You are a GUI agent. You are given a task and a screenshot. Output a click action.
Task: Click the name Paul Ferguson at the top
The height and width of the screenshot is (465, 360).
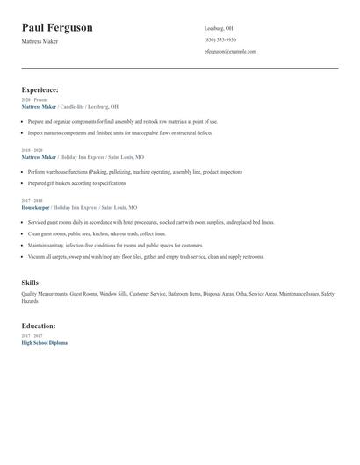(57, 28)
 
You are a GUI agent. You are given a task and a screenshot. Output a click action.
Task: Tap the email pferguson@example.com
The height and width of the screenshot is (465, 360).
(230, 52)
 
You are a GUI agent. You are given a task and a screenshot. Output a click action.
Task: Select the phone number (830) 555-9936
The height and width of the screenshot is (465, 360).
(220, 39)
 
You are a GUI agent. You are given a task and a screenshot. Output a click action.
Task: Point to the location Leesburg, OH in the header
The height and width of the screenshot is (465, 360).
(219, 28)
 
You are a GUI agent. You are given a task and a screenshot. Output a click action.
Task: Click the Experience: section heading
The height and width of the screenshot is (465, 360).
(40, 89)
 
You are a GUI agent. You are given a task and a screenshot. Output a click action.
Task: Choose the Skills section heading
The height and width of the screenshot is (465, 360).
(30, 282)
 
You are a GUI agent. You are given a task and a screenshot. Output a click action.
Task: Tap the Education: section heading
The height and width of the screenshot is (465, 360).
(39, 325)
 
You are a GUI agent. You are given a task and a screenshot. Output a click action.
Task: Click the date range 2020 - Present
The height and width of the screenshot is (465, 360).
(34, 101)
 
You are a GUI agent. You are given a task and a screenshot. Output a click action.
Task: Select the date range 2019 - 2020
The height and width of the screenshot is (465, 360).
(32, 151)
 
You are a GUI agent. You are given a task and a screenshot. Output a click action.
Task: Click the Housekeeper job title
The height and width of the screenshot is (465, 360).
(35, 208)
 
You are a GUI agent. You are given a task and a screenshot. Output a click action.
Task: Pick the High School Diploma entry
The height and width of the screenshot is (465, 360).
(44, 343)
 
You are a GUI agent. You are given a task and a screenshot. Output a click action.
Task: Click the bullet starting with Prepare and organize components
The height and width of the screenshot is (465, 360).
(123, 122)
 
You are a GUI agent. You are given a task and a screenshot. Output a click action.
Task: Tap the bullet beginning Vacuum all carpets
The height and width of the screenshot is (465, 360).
(145, 257)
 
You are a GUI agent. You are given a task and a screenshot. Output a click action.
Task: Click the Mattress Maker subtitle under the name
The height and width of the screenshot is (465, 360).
(40, 41)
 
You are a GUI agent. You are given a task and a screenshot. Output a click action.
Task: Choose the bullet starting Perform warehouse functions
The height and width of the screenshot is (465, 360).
(134, 172)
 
